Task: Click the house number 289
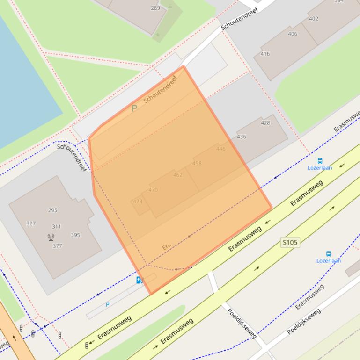pyautogui.click(x=155, y=8)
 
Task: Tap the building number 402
pyautogui.click(x=314, y=19)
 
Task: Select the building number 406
pyautogui.click(x=293, y=34)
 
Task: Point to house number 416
pyautogui.click(x=265, y=54)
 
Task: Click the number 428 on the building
pyautogui.click(x=265, y=123)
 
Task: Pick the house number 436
pyautogui.click(x=242, y=137)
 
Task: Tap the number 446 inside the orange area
pyautogui.click(x=221, y=149)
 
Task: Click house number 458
pyautogui.click(x=197, y=164)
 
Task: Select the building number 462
pyautogui.click(x=177, y=175)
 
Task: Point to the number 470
pyautogui.click(x=153, y=190)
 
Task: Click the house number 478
pyautogui.click(x=137, y=202)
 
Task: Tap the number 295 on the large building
pyautogui.click(x=52, y=210)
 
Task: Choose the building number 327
pyautogui.click(x=31, y=223)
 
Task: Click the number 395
pyautogui.click(x=75, y=235)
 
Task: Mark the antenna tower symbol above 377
pyautogui.click(x=51, y=237)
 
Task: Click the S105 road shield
pyautogui.click(x=290, y=242)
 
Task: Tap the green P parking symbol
pyautogui.click(x=134, y=108)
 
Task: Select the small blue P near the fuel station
pyautogui.click(x=107, y=305)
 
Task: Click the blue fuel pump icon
pyautogui.click(x=139, y=280)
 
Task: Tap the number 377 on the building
pyautogui.click(x=57, y=246)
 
